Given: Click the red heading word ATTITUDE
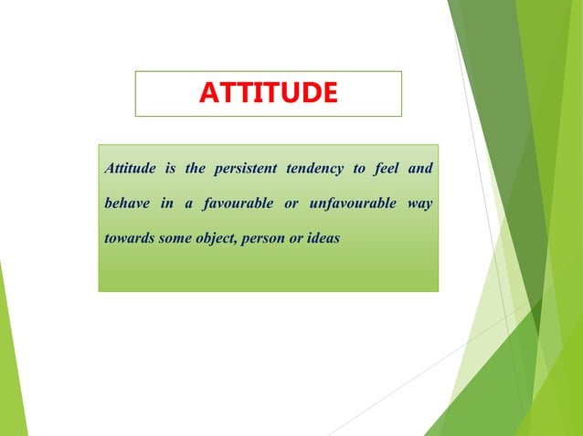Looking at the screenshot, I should (268, 93).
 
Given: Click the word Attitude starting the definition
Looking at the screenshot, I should (131, 169).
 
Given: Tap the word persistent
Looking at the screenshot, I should (245, 169).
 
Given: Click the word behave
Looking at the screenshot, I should (127, 202).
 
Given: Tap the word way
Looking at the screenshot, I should (420, 202).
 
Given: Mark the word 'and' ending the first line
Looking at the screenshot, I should (420, 169).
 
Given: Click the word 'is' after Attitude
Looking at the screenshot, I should (170, 169).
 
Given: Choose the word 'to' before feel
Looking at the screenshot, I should (359, 169).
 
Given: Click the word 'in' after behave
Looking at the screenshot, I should (166, 202).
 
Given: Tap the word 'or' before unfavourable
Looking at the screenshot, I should (291, 202).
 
